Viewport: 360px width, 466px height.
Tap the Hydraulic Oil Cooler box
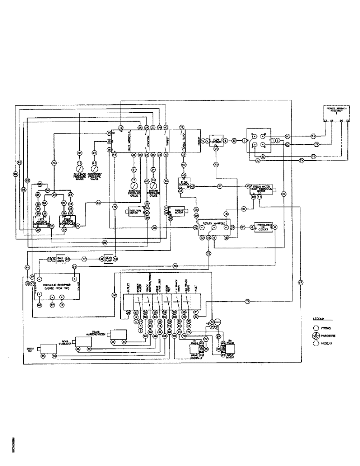coord(263,227)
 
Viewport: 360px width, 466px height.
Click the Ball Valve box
coord(59,258)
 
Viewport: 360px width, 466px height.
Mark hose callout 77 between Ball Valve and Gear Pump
coord(84,258)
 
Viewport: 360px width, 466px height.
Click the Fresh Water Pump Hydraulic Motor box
coord(262,188)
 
